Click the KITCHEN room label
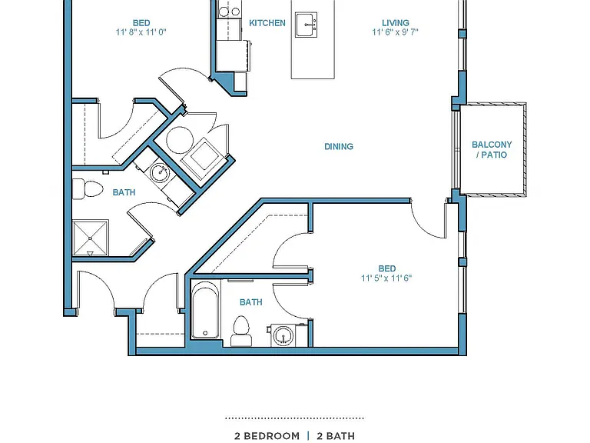click(x=267, y=23)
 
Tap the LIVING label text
click(x=396, y=23)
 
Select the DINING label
click(x=339, y=147)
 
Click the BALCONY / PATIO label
click(x=492, y=149)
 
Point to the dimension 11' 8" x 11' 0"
click(x=141, y=32)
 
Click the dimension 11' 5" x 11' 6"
click(x=386, y=278)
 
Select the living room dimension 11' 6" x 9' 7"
click(x=395, y=32)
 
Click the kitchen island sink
click(x=306, y=25)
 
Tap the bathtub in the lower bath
click(x=205, y=310)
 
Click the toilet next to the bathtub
click(x=241, y=331)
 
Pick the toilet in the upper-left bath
click(x=88, y=189)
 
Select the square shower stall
click(x=91, y=238)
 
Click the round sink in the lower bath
click(x=283, y=335)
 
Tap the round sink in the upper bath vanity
click(x=161, y=173)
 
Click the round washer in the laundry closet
click(x=180, y=140)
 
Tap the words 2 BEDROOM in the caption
click(x=267, y=436)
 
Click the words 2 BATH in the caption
click(x=336, y=436)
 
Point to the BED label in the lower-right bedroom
click(x=387, y=268)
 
